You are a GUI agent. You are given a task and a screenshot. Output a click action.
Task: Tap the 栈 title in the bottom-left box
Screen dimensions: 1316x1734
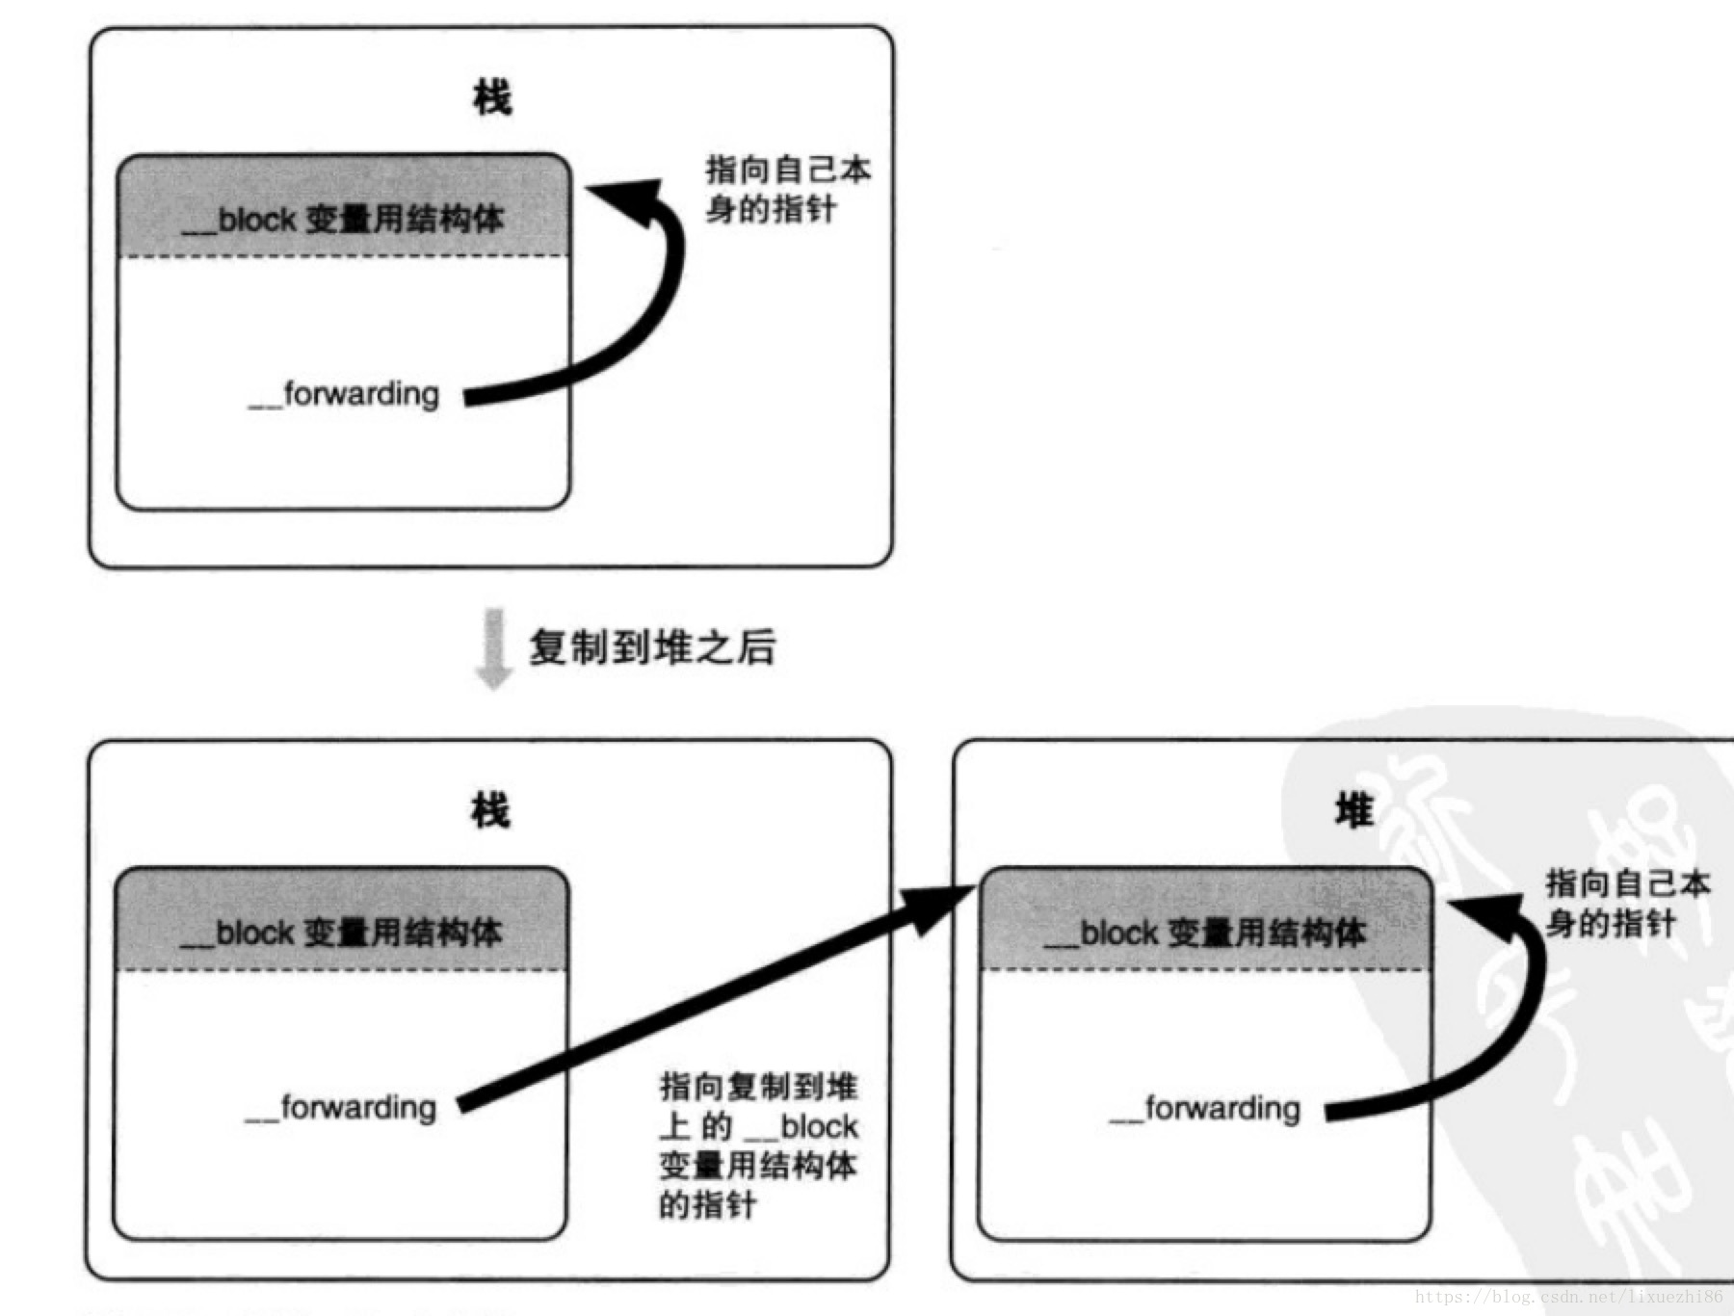(x=489, y=811)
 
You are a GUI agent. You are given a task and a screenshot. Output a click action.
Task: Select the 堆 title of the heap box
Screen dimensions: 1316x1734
(x=1353, y=811)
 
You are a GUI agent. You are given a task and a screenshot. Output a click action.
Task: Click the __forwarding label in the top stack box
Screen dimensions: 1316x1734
(x=344, y=395)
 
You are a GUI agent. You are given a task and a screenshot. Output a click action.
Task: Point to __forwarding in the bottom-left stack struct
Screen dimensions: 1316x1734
(x=341, y=1108)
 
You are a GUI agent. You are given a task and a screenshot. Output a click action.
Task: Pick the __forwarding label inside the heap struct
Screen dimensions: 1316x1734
(x=1205, y=1109)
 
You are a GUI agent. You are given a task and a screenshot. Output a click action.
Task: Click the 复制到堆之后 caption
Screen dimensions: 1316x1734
(x=652, y=646)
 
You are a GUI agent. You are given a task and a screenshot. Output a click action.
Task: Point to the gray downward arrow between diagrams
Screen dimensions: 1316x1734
(x=494, y=648)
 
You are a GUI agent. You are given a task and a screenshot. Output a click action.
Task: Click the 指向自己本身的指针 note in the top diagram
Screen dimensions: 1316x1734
(x=787, y=190)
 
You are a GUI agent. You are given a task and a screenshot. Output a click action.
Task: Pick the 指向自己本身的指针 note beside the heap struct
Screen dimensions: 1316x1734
(x=1627, y=903)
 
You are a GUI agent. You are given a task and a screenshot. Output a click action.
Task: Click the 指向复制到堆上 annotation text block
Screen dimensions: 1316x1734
(x=758, y=1145)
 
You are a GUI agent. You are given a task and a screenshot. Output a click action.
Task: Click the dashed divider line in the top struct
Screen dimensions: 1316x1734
(x=343, y=256)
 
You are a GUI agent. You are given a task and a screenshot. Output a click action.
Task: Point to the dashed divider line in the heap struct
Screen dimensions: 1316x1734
(x=1205, y=969)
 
